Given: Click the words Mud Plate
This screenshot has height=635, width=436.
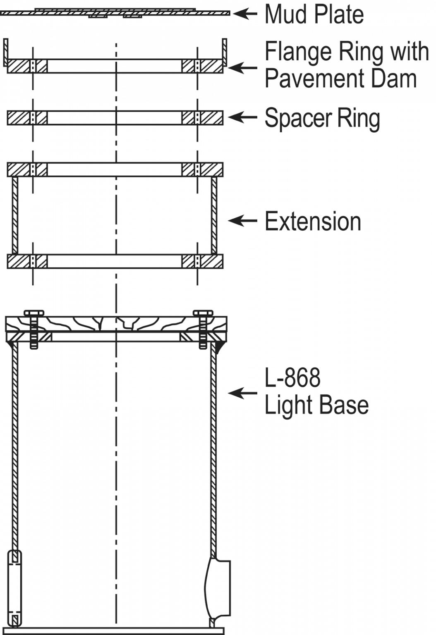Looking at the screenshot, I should pos(314,14).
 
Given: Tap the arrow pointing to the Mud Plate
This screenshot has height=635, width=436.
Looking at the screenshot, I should pos(245,14).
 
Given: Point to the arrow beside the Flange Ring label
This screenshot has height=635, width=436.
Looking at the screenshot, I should pos(242,67).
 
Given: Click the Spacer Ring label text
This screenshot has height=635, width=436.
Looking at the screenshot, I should pos(322,118).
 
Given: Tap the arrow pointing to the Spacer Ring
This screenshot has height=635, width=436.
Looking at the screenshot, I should pos(242,117).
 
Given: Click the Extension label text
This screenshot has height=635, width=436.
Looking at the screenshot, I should pos(313,221).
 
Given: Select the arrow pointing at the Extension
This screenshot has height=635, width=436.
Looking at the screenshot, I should pos(242,221).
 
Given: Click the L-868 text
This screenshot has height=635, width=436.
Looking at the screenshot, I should pos(292,378).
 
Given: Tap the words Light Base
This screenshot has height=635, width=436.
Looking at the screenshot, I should pos(316,405).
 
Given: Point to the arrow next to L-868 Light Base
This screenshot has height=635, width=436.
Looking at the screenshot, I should pos(242,393).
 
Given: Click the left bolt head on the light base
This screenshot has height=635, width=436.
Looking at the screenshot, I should pos(34,313).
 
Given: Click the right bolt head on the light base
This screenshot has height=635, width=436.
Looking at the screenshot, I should pos(203,313).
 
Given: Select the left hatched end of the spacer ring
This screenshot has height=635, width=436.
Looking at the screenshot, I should pos(19,118).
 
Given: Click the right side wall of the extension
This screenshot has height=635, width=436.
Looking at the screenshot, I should pos(214,215).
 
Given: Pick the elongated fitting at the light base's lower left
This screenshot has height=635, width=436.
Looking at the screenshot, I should pos(15,587).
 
